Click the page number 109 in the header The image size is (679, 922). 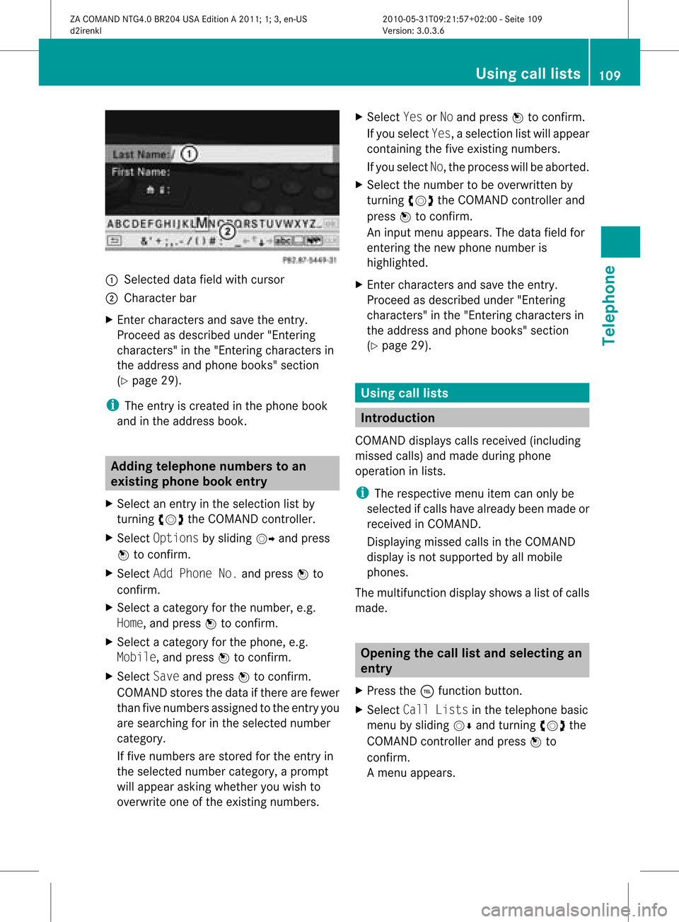click(610, 75)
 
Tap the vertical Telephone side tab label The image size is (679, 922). click(609, 306)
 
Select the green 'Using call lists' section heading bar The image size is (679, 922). click(472, 393)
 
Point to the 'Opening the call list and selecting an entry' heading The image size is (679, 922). click(472, 660)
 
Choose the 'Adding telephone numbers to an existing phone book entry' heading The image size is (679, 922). click(222, 473)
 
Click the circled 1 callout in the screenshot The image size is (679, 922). click(189, 154)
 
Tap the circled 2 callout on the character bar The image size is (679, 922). click(227, 231)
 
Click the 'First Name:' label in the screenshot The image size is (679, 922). click(141, 172)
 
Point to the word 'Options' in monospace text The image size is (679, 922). click(175, 538)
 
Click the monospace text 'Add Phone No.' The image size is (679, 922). click(195, 574)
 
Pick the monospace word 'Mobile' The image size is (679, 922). click(137, 657)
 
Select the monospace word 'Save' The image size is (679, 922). click(166, 676)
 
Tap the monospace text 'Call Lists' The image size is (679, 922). click(435, 710)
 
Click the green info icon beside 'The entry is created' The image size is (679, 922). click(112, 405)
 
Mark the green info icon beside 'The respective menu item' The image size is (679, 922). click(362, 492)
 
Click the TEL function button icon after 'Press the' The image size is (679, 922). click(426, 691)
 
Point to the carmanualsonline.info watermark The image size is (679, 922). click(574, 909)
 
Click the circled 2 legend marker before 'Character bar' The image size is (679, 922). click(111, 299)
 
